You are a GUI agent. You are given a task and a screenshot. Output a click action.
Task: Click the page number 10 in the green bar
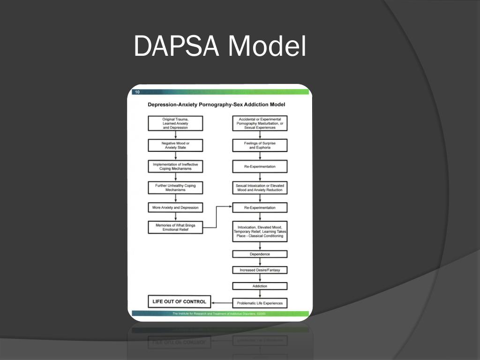(x=137, y=92)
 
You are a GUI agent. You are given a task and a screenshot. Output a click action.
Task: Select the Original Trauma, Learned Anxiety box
(x=175, y=123)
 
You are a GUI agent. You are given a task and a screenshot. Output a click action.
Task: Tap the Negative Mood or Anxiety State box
(x=175, y=145)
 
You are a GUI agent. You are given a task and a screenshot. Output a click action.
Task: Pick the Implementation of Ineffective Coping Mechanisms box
(x=175, y=166)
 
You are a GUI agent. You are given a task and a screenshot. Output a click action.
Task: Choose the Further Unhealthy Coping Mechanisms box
(x=175, y=188)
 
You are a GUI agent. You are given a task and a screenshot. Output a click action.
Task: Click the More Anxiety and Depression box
(x=175, y=207)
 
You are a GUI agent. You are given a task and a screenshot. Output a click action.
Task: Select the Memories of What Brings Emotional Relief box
(x=175, y=227)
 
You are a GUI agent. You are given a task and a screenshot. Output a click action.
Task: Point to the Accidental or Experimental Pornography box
(x=260, y=123)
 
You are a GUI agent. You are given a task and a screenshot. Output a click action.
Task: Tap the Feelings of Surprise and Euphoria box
(x=260, y=145)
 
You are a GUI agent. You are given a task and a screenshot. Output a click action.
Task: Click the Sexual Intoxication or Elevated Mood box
(x=260, y=188)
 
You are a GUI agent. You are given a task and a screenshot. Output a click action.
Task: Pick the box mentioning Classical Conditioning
(x=260, y=232)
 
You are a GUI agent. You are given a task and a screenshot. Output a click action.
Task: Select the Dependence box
(x=260, y=254)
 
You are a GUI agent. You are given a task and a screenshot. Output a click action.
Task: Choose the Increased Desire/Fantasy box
(x=260, y=270)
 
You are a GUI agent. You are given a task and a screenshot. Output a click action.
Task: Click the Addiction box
(x=260, y=286)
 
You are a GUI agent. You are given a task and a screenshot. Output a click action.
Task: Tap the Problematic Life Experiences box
(x=260, y=303)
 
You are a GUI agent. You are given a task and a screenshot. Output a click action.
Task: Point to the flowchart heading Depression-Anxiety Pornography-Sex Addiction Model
(x=217, y=105)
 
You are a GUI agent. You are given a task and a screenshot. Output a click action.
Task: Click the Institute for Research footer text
(x=219, y=313)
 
